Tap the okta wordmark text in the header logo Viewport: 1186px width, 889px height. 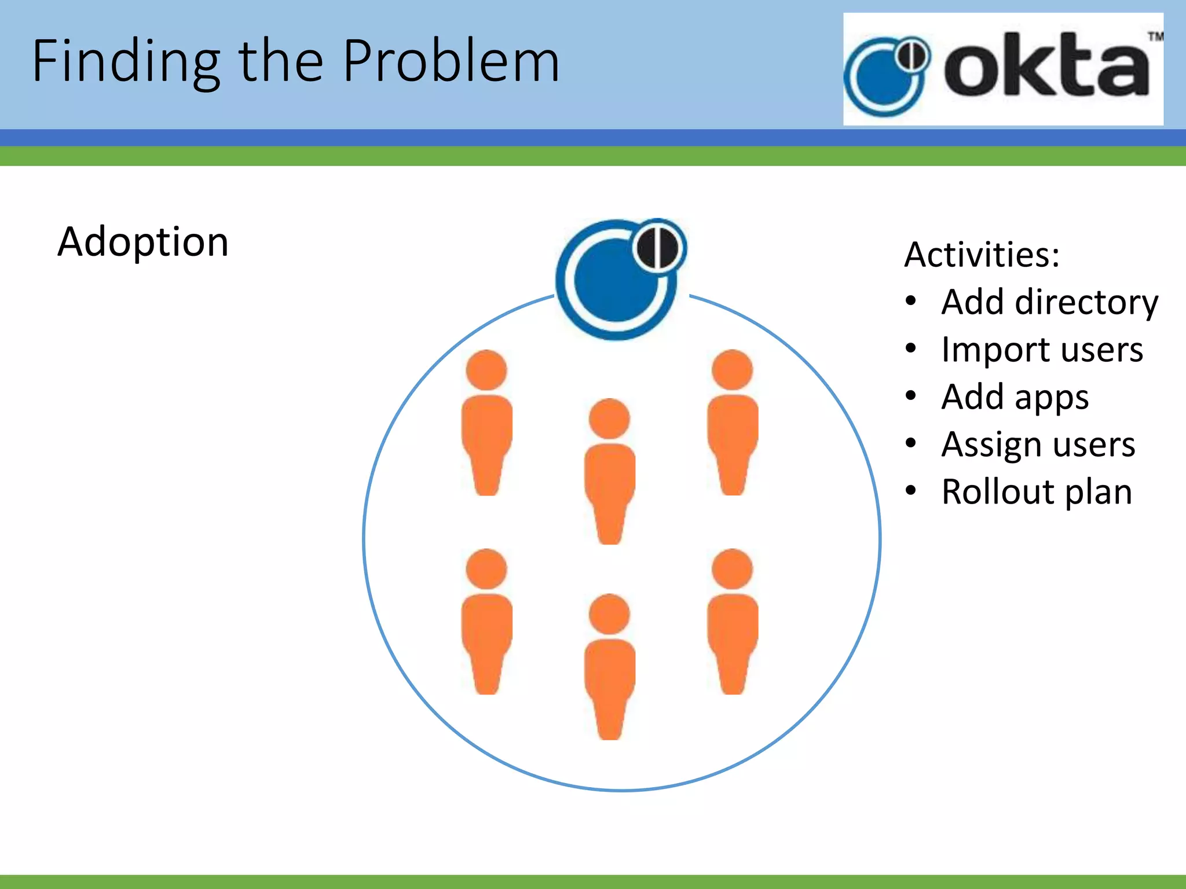(1046, 67)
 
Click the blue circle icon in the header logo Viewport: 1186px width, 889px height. (883, 78)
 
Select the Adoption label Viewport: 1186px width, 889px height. (143, 241)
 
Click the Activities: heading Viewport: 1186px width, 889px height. (982, 254)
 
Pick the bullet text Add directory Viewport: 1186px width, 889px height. (1049, 302)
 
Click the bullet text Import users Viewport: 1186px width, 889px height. (1042, 350)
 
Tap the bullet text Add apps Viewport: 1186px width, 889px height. (1015, 397)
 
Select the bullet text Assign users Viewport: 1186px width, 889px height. (1038, 444)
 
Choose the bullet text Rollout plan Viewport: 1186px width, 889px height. (1036, 492)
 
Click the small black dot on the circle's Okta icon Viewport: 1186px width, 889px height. (658, 248)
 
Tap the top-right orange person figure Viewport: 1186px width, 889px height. (733, 423)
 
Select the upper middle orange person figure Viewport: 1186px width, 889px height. (609, 472)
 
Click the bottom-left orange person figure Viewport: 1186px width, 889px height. (486, 622)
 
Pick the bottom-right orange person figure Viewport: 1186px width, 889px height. (733, 622)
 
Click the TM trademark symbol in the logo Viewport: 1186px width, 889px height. (1155, 37)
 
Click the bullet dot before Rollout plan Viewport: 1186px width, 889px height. (911, 491)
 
